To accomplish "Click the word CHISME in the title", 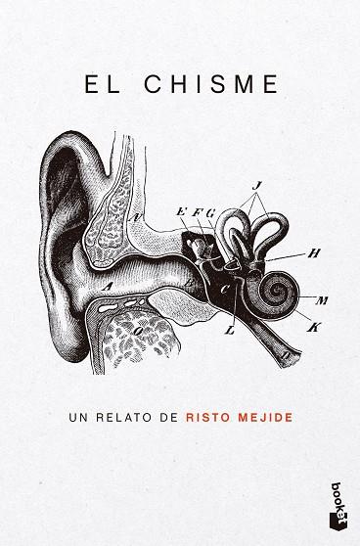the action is (211, 84).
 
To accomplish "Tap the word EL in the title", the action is (102, 84).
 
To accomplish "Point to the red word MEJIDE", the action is (265, 417).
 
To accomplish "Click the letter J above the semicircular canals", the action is (256, 187).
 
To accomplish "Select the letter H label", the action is (314, 253).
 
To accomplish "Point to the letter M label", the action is (322, 299).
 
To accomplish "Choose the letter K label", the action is (313, 327).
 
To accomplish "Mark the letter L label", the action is (229, 331).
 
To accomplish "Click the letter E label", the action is (181, 211).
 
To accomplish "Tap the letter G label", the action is (210, 212).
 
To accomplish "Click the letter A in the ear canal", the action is (108, 287).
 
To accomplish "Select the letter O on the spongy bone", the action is (138, 332).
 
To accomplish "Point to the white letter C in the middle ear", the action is (225, 290).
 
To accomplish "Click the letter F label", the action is (196, 212).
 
